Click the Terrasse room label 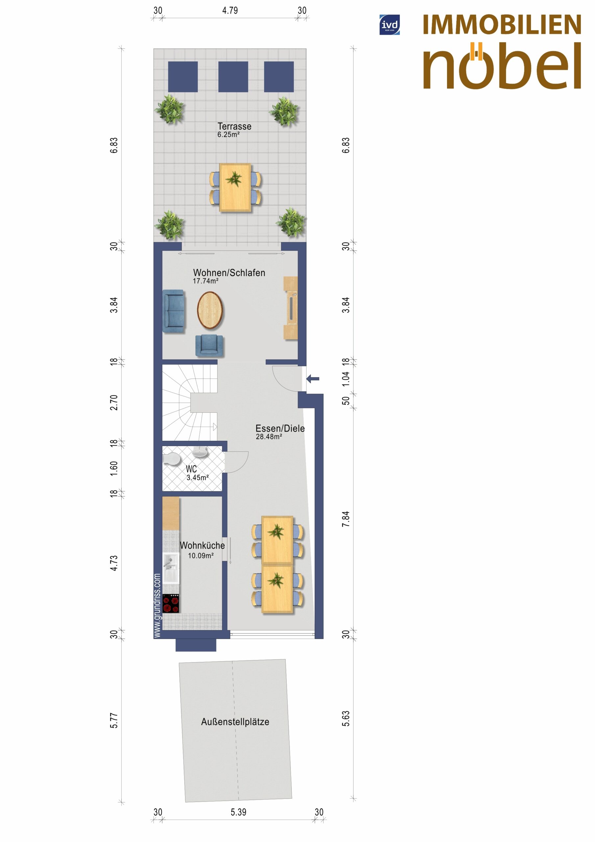click(234, 126)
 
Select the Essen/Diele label click(280, 428)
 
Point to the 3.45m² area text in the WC click(198, 478)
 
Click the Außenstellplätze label click(235, 721)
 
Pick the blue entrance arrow click(313, 379)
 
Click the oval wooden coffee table click(210, 310)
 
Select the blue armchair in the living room click(209, 345)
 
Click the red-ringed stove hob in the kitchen click(171, 603)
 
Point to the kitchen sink click(171, 568)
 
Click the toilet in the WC click(171, 458)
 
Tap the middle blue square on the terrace click(233, 77)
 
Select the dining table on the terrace click(235, 187)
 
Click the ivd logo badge click(389, 25)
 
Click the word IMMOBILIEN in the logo click(502, 25)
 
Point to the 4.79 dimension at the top click(230, 10)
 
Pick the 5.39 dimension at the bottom click(238, 812)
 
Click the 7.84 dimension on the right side click(346, 519)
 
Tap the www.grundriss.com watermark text click(157, 606)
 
